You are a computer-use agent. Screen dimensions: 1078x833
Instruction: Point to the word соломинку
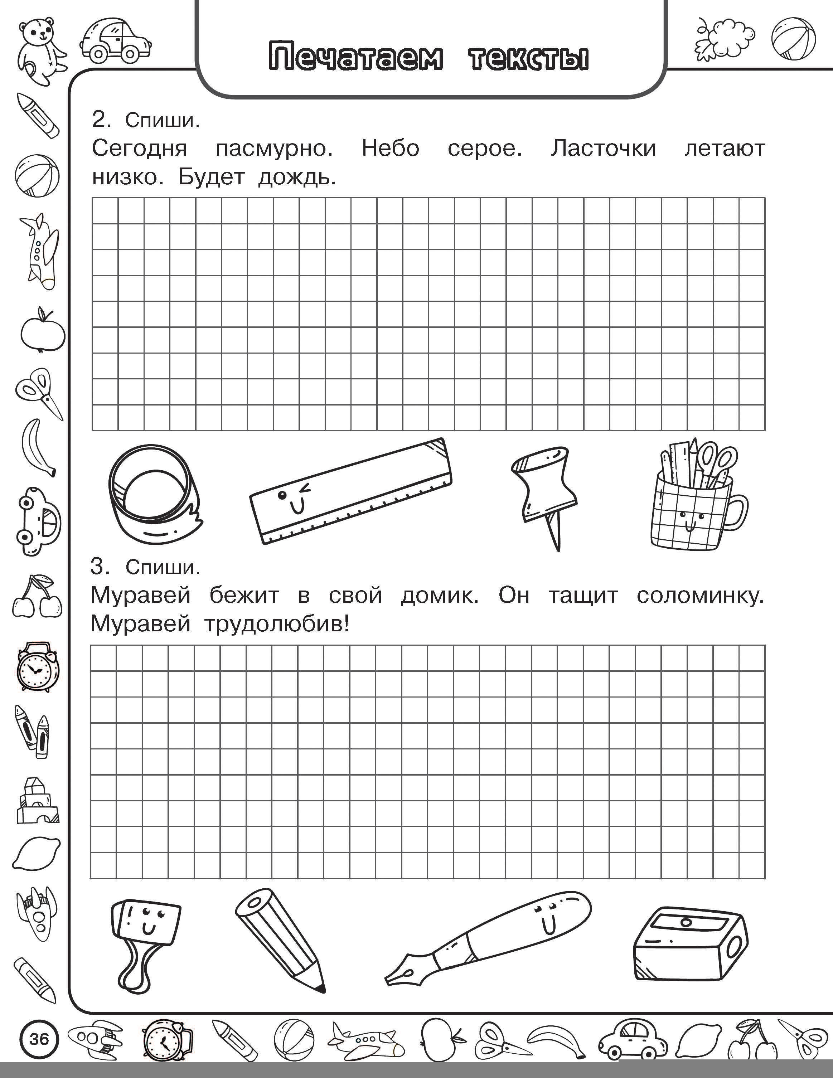pos(700,596)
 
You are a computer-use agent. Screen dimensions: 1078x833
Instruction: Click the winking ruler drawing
pos(351,491)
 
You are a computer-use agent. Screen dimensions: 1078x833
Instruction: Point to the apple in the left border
pos(43,331)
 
